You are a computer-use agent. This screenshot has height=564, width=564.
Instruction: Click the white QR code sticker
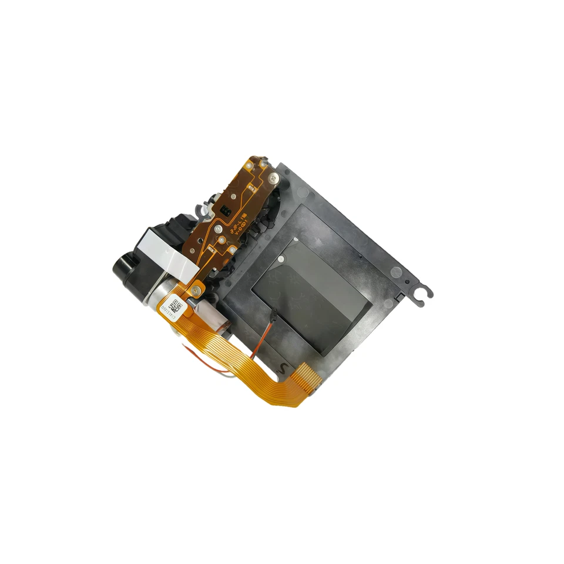tap(176, 306)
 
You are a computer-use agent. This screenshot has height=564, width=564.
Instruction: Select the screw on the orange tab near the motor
tap(196, 287)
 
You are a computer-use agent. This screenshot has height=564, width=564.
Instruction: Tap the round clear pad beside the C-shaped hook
tap(397, 273)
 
